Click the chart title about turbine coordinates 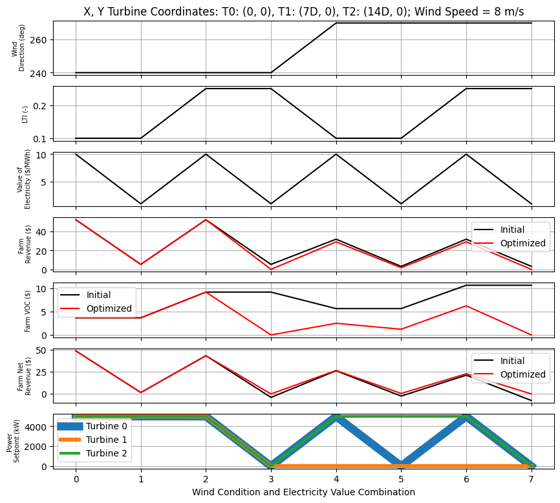pos(303,12)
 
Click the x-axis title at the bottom pos(303,492)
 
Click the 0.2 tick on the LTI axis pos(41,105)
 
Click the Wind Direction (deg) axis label pos(18,48)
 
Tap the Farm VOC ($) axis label pos(28,310)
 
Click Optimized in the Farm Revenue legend pos(522,244)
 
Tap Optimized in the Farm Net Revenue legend pos(522,374)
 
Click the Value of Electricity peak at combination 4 pos(336,155)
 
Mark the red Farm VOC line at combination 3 pos(271,335)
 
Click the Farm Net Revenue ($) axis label pos(24,375)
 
